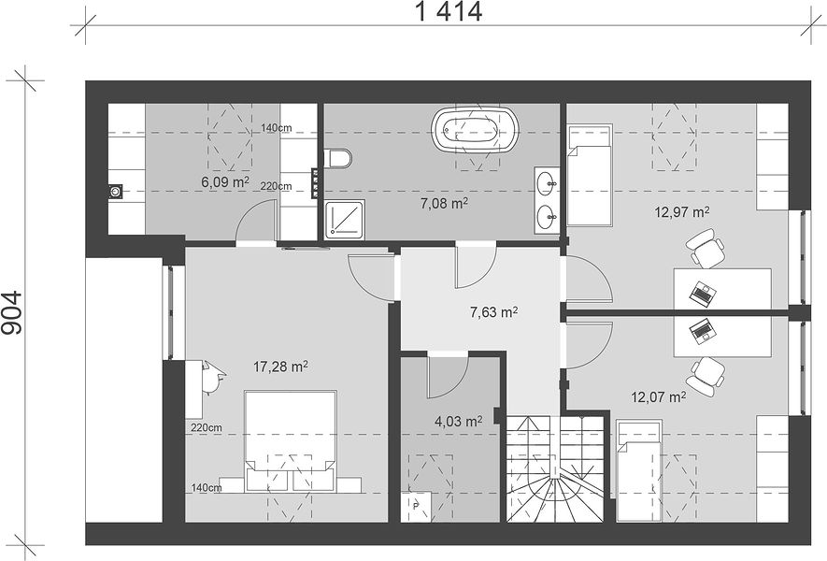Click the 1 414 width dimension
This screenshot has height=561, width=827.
click(x=449, y=11)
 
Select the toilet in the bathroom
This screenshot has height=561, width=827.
click(x=337, y=158)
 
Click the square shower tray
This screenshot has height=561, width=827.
click(x=344, y=219)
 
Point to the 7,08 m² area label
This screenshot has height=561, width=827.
click(x=444, y=203)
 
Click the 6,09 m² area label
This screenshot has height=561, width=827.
click(x=224, y=182)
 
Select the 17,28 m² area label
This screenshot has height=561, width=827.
click(x=280, y=367)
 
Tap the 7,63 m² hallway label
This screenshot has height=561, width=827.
click(x=493, y=312)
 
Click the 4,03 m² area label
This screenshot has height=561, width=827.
click(x=458, y=421)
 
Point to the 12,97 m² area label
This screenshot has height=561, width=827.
click(x=681, y=212)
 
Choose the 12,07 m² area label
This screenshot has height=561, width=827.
click(x=658, y=396)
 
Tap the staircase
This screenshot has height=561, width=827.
click(x=555, y=468)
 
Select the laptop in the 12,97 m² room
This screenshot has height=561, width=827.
click(x=703, y=293)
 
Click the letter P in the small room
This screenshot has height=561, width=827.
click(x=416, y=507)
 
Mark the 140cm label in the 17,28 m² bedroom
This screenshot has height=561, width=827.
click(x=207, y=488)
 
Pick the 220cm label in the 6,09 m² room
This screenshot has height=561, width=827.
click(x=276, y=186)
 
